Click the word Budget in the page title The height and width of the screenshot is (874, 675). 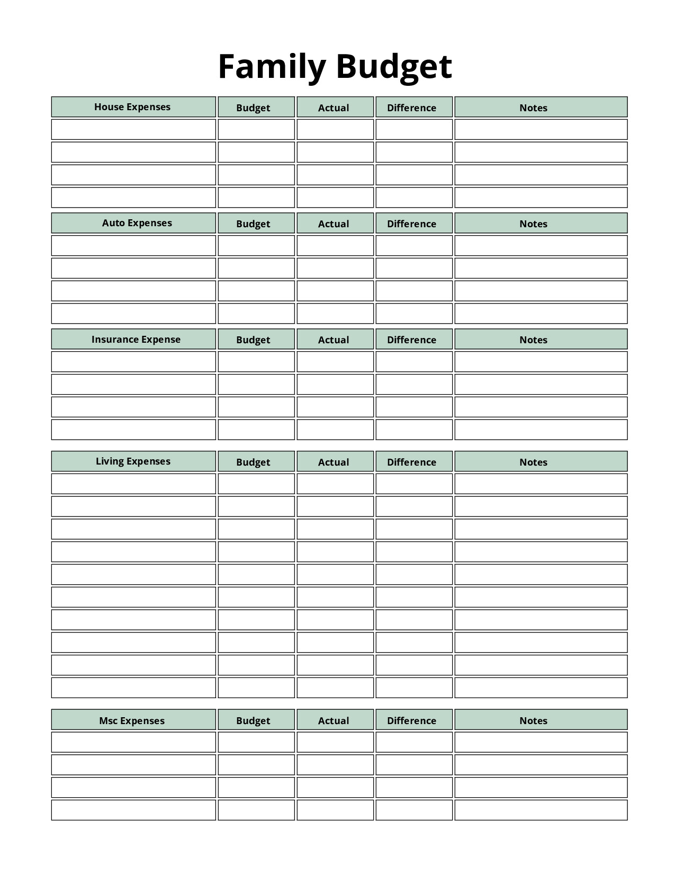pyautogui.click(x=393, y=67)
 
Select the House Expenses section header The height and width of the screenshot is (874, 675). pyautogui.click(x=133, y=107)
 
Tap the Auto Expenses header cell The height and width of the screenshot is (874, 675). pyautogui.click(x=137, y=223)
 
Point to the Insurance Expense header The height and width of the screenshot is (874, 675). pyautogui.click(x=136, y=340)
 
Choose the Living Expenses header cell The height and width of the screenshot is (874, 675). pyautogui.click(x=133, y=461)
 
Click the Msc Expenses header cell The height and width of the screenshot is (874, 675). pyautogui.click(x=132, y=720)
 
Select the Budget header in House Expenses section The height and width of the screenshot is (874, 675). pyautogui.click(x=254, y=108)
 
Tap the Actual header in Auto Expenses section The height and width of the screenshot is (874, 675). pyautogui.click(x=334, y=224)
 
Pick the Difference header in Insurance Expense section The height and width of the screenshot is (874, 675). pyautogui.click(x=412, y=340)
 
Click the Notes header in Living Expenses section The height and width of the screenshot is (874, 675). pyautogui.click(x=534, y=462)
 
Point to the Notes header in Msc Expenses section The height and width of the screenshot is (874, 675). pyautogui.click(x=534, y=720)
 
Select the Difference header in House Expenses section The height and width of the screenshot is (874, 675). pyautogui.click(x=412, y=108)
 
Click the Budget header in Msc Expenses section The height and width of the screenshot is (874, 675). pyautogui.click(x=254, y=720)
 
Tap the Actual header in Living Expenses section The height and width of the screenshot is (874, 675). pyautogui.click(x=334, y=462)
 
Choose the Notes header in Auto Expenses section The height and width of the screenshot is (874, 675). pyautogui.click(x=534, y=224)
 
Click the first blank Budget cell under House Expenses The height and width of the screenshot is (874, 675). pyautogui.click(x=256, y=130)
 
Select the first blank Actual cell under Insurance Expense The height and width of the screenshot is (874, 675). pyautogui.click(x=335, y=362)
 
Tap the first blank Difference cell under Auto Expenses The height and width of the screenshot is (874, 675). pyautogui.click(x=414, y=246)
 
